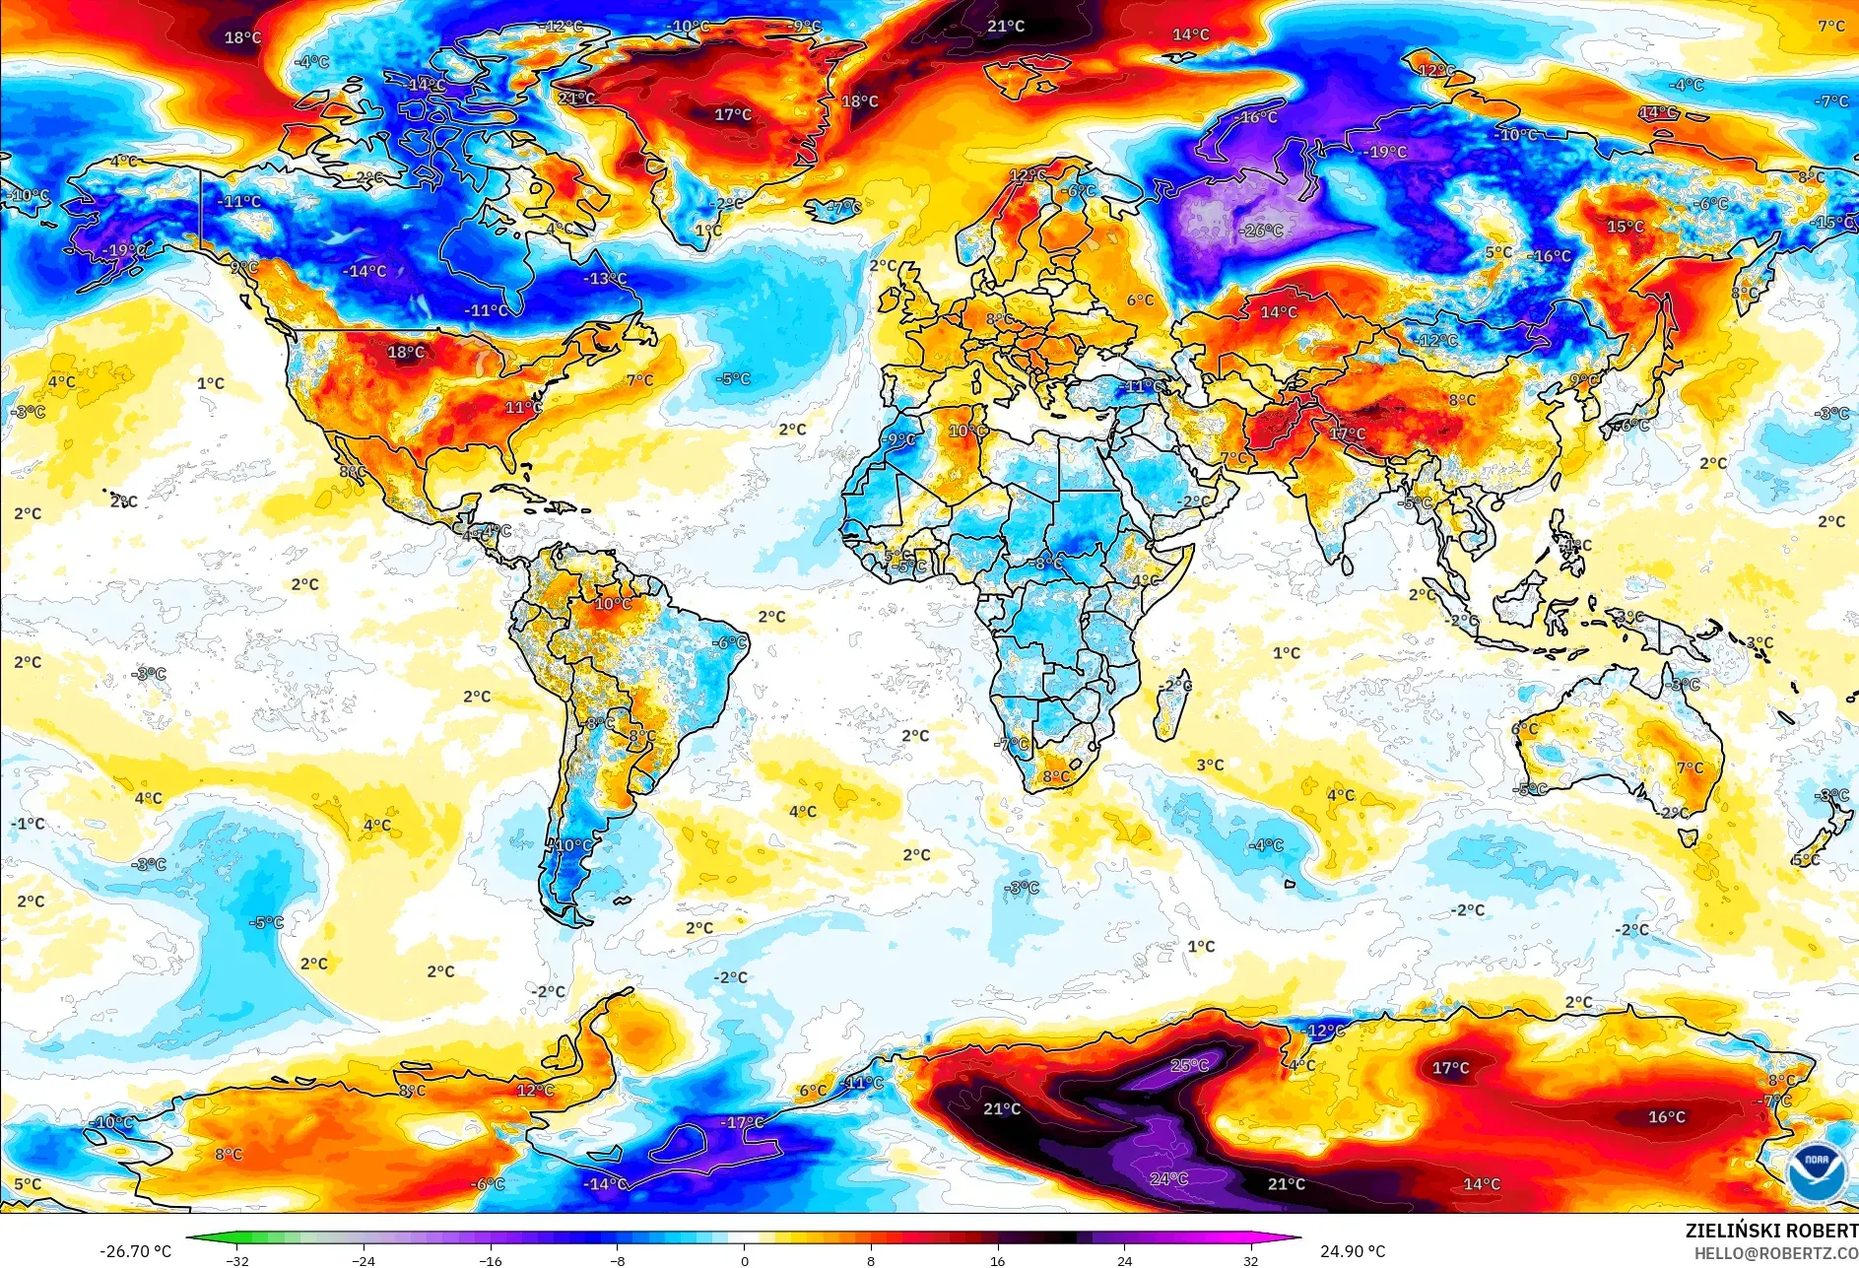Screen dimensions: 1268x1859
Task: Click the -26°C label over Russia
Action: [x=1262, y=231]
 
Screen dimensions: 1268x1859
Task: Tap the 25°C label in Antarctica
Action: [x=1189, y=1065]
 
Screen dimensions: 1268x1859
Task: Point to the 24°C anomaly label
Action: [x=1168, y=1178]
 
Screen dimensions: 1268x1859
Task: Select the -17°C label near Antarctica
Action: [x=742, y=1122]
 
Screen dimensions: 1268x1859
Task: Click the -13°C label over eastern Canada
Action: [x=605, y=279]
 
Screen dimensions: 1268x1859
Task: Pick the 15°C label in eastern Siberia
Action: [x=1626, y=227]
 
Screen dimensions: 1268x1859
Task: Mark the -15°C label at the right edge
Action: [x=1833, y=223]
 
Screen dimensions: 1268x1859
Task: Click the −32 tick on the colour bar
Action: [x=236, y=1260]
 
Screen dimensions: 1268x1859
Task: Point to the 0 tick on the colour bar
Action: [x=745, y=1260]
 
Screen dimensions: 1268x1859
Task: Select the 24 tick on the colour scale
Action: [x=1125, y=1260]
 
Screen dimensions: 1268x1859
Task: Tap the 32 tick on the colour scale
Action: [x=1251, y=1260]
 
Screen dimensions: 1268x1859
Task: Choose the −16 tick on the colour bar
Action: [x=491, y=1260]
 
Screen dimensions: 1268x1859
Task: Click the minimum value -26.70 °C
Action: [x=135, y=1251]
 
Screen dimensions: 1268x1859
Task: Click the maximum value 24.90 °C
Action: [x=1353, y=1251]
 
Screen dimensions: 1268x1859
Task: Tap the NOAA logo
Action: [x=1818, y=1171]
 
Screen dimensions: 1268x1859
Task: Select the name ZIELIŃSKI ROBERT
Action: [x=1770, y=1231]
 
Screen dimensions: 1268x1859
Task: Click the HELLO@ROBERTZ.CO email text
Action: [x=1775, y=1252]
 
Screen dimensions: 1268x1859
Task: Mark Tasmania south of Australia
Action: [x=1689, y=838]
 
